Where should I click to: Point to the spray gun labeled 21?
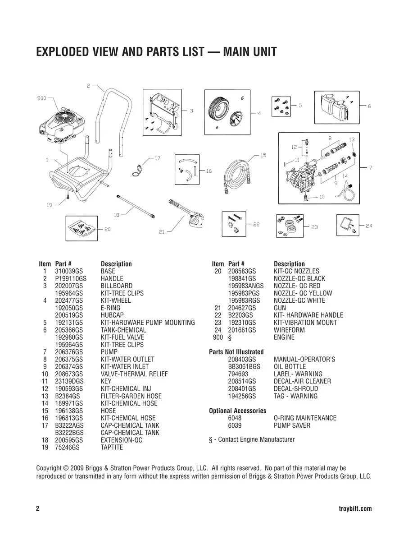coord(187,214)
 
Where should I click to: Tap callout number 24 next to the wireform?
coord(369,226)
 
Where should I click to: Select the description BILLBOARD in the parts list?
coord(116,286)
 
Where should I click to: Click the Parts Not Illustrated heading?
coord(236,352)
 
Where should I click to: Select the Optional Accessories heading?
coord(237,411)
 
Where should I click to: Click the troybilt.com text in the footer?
coord(354,509)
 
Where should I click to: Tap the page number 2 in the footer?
coord(38,509)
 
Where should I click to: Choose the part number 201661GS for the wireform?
coord(242,330)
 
